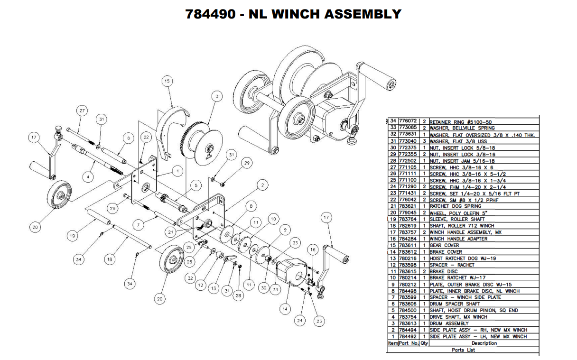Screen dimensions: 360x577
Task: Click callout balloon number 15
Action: pos(166,82)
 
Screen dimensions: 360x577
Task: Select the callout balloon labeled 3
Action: pos(217,96)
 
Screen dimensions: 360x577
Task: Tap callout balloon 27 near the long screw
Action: pos(82,111)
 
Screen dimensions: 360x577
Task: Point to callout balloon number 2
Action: pos(261,185)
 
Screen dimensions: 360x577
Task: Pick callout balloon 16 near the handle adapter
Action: pos(312,249)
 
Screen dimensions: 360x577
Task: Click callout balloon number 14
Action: pos(284,309)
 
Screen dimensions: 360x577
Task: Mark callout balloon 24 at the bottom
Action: pos(299,321)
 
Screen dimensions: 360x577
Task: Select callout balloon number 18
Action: pos(110,259)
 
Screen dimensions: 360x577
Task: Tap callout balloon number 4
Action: pos(87,177)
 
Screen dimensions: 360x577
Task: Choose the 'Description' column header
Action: pos(484,343)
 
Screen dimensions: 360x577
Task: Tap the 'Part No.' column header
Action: pos(409,343)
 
